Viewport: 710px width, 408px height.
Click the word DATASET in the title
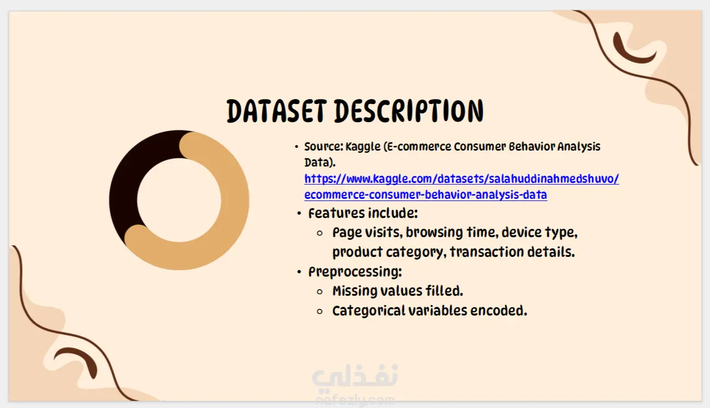[277, 111]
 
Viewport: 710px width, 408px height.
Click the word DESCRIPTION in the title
[409, 111]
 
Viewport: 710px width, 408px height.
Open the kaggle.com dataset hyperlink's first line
[461, 179]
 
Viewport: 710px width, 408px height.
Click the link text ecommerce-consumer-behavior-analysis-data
[426, 194]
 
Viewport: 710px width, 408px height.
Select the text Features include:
[363, 213]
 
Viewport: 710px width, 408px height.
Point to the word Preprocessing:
[355, 272]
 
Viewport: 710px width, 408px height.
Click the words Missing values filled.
[398, 291]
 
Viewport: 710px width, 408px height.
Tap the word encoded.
[499, 311]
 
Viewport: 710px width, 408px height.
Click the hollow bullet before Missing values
[320, 292]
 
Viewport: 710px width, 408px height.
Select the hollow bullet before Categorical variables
[320, 312]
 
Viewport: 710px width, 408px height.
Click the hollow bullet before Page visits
[320, 233]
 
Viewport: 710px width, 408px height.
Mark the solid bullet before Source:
[297, 147]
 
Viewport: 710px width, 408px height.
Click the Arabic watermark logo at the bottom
[355, 377]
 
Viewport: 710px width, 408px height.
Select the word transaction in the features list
[486, 252]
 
